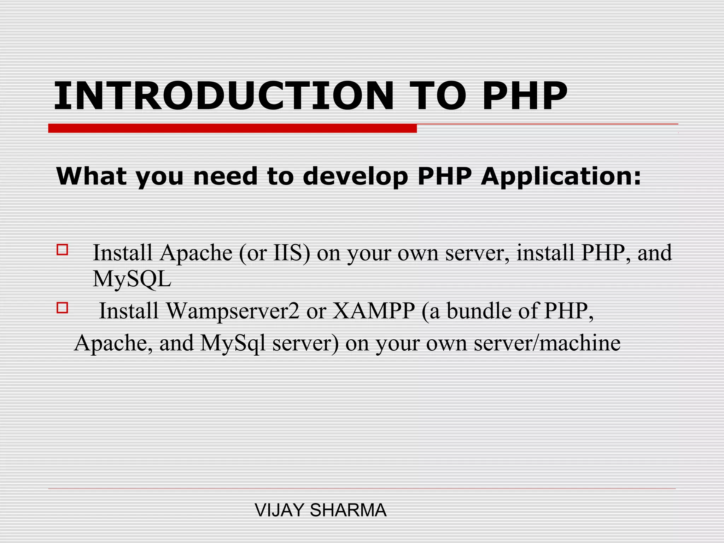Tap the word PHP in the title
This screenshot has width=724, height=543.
point(525,96)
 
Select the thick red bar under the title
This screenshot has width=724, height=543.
point(232,128)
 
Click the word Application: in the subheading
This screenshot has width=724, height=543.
point(561,176)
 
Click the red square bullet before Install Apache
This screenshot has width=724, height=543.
point(62,250)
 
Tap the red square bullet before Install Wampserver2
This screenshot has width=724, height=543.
point(62,308)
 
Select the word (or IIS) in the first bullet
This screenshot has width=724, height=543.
point(274,253)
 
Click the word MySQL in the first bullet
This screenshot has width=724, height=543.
point(132,279)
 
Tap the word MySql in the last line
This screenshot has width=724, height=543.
point(233,343)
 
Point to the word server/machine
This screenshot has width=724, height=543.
point(547,343)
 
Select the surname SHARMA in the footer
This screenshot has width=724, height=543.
point(348,510)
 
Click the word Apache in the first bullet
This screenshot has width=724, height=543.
point(196,253)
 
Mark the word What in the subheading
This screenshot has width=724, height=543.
point(91,176)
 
